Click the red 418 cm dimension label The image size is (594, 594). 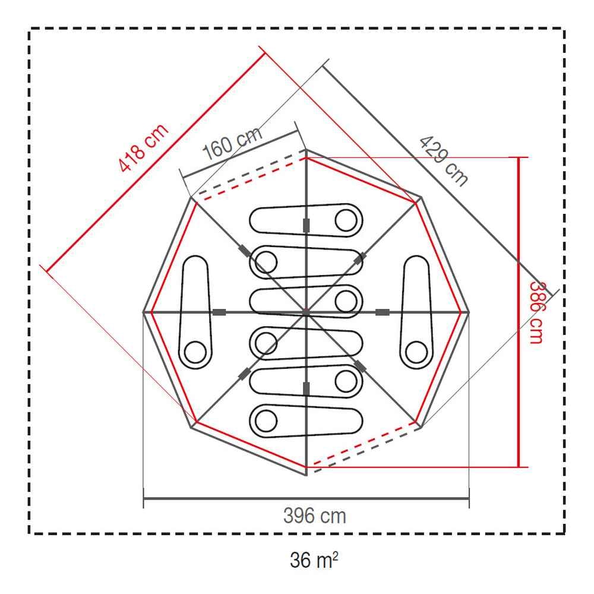point(143,148)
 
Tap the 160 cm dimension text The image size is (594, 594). point(232,143)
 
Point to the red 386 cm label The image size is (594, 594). point(536,312)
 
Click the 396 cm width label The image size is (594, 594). point(314,516)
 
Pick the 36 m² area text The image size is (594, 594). point(314,560)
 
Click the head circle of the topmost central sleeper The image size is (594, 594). point(346,220)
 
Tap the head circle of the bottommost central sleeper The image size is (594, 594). point(266,421)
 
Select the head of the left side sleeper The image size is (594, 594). point(195,352)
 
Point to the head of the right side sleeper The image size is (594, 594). point(416,352)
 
